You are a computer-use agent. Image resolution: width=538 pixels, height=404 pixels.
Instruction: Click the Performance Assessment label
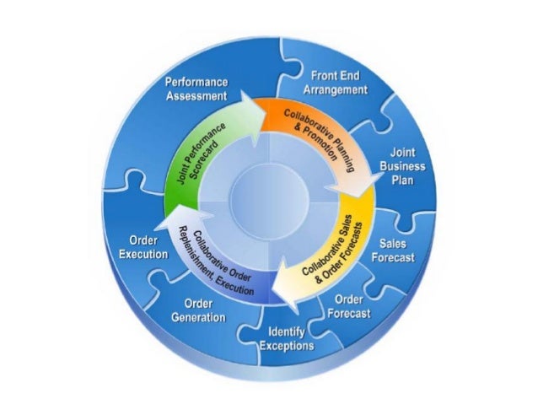196,89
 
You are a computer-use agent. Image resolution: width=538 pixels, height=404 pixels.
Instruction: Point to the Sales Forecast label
392,251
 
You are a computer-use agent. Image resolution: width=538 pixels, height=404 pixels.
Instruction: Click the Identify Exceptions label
287,338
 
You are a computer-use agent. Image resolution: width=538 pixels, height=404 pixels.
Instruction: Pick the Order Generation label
198,310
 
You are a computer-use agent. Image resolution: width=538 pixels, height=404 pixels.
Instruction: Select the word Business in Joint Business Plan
408,167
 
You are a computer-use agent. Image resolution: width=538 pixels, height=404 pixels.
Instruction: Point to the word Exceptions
287,346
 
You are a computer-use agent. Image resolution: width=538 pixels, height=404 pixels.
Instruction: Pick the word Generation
198,317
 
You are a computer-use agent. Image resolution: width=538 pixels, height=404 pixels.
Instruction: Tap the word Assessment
196,96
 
